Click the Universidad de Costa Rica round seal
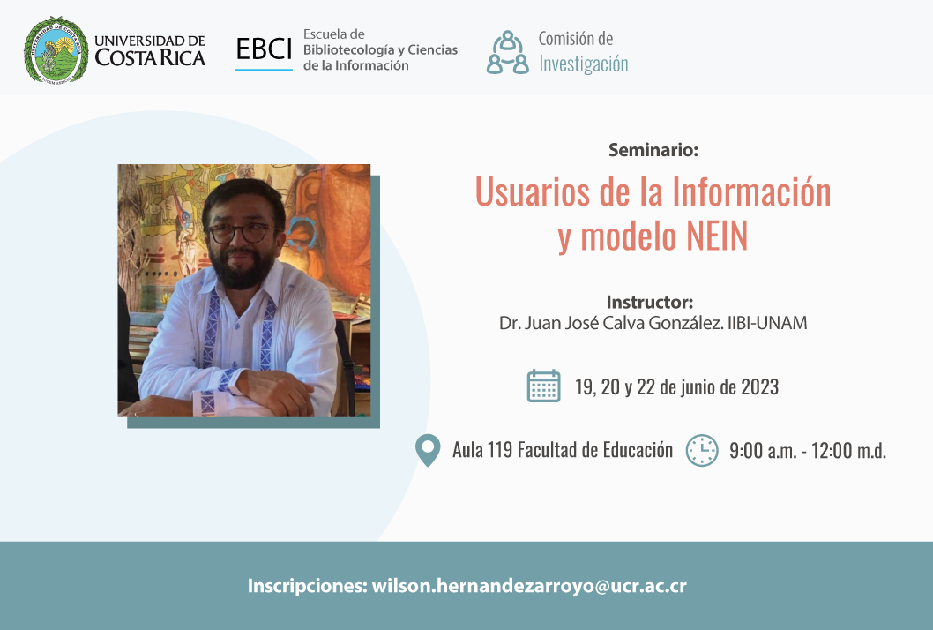click(x=56, y=50)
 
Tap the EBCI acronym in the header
click(x=264, y=49)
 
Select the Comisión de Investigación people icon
click(x=507, y=52)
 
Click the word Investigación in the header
click(x=583, y=64)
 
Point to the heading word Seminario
click(x=653, y=149)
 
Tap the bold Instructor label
click(x=650, y=302)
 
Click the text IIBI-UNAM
click(x=767, y=323)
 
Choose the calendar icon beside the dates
click(x=543, y=386)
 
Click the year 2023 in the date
click(x=759, y=387)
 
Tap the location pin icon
click(x=428, y=450)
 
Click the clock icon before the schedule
click(x=702, y=450)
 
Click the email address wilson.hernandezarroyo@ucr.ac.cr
click(x=529, y=586)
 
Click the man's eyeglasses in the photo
click(x=242, y=233)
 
